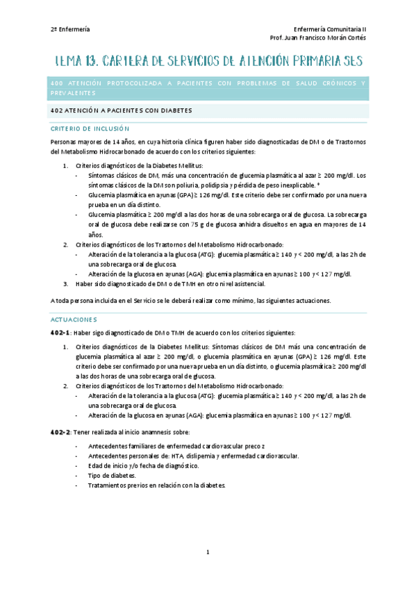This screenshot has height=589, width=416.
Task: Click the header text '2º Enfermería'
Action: (x=70, y=29)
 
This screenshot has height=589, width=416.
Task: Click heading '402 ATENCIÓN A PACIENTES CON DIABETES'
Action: (x=122, y=110)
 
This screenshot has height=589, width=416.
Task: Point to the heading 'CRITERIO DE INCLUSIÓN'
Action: (x=90, y=128)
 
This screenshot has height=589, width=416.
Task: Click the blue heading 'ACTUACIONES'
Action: (x=74, y=320)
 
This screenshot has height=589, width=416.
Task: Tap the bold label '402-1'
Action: (x=60, y=333)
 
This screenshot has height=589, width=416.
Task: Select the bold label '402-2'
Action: (x=60, y=432)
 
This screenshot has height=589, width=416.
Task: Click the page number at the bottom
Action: (x=208, y=552)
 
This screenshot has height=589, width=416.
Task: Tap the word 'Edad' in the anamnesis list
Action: (x=94, y=465)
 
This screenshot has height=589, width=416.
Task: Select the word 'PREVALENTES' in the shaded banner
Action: (x=73, y=93)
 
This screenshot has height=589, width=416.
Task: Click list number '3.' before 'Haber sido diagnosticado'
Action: (x=65, y=283)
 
